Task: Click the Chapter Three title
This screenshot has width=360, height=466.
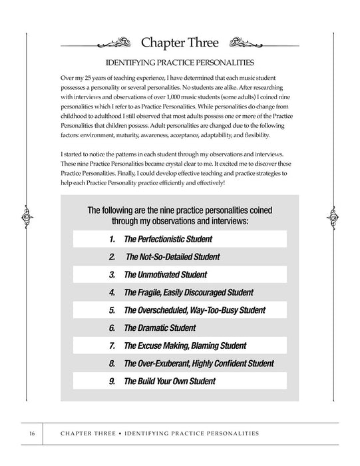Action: click(x=180, y=44)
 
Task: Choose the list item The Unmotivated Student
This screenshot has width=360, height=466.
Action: click(x=165, y=274)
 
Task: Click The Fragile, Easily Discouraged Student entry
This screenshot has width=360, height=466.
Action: click(x=188, y=292)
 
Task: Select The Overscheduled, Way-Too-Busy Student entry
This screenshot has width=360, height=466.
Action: click(x=194, y=310)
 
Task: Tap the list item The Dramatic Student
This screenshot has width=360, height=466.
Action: click(x=160, y=328)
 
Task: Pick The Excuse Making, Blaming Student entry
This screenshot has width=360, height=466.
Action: click(x=185, y=346)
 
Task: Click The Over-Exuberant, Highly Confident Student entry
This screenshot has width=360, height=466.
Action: click(x=199, y=364)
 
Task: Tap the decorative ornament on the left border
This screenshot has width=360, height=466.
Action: click(x=27, y=216)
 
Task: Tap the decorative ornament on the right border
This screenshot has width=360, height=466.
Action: click(x=333, y=216)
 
